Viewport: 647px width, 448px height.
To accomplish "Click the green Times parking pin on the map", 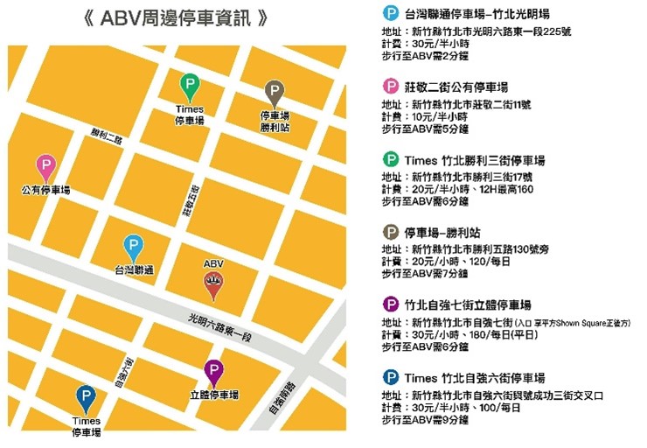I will click(189, 87).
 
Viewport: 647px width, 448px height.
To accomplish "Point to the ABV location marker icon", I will click(212, 284).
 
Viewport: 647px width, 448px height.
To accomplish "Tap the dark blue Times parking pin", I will click(85, 398).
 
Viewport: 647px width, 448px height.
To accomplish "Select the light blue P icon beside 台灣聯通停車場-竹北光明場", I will click(390, 14).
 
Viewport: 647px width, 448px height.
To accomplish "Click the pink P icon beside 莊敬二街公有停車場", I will click(390, 86).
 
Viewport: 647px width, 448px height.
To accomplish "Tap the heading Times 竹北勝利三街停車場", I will click(476, 161).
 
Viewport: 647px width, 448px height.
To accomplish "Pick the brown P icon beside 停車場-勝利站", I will click(390, 233).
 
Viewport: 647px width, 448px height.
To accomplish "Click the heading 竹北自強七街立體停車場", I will click(468, 305).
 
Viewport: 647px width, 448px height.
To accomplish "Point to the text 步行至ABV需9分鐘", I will click(425, 421).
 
